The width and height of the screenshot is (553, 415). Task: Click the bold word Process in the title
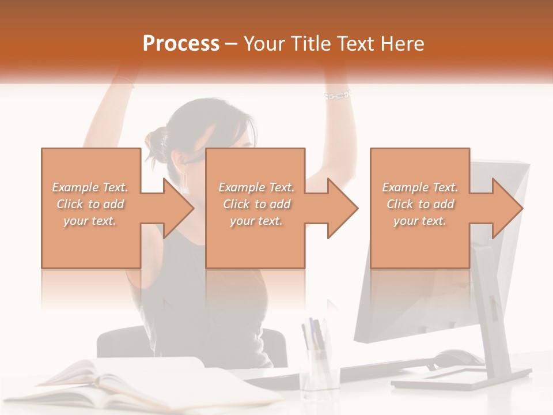(x=181, y=44)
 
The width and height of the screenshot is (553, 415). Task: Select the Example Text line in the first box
(x=90, y=187)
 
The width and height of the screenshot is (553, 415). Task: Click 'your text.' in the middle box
(x=256, y=221)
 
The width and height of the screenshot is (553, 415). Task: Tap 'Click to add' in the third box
(x=420, y=204)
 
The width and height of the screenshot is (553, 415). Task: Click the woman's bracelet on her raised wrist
(x=337, y=94)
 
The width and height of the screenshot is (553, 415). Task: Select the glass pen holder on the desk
(x=319, y=369)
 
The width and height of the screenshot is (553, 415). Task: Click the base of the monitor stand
(x=461, y=378)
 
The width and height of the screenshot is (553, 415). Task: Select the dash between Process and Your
(x=232, y=44)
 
